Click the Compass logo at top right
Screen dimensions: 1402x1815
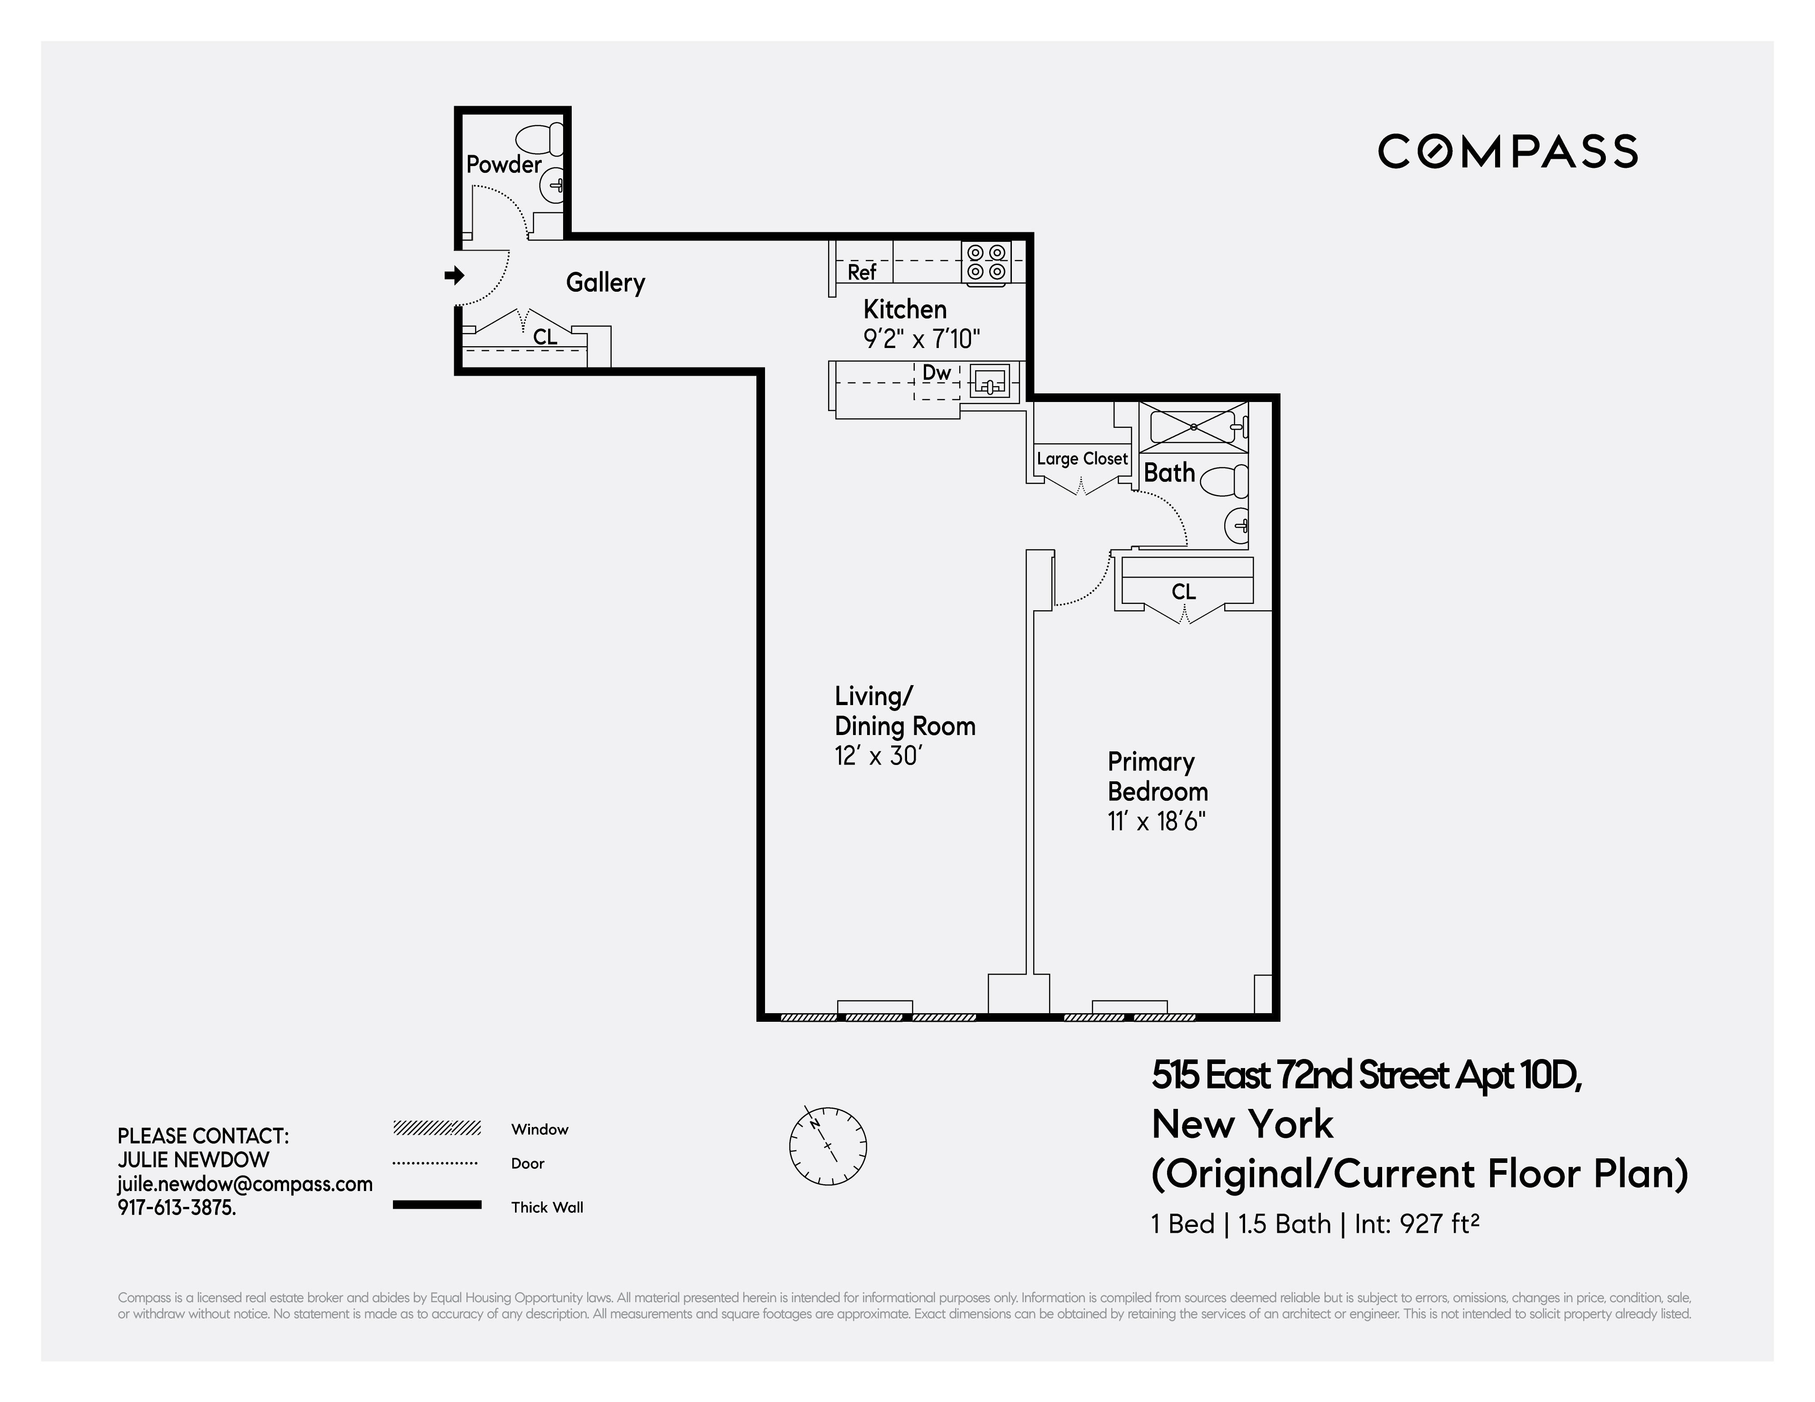1507,151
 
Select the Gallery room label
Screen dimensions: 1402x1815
605,283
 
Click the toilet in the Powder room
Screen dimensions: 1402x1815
542,138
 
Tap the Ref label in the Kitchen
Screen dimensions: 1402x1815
862,272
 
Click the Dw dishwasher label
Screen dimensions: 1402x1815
937,373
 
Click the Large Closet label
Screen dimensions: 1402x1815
1082,459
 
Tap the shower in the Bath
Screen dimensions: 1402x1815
1192,427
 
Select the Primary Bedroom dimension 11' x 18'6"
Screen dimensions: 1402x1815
1156,822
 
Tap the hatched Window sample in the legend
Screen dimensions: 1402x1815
437,1128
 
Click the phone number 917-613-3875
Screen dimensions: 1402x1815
176,1207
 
